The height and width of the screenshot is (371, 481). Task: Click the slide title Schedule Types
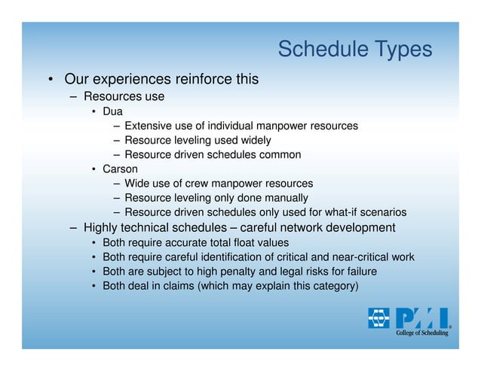tap(354, 49)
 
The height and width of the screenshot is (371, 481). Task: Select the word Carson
tap(120, 169)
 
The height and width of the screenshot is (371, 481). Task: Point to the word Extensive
tap(148, 126)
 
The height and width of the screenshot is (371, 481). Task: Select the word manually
tap(287, 197)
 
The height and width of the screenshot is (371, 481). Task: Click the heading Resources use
tap(124, 96)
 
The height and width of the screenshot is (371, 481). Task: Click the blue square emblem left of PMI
tap(378, 318)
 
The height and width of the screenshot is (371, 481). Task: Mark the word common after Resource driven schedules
tap(279, 154)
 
